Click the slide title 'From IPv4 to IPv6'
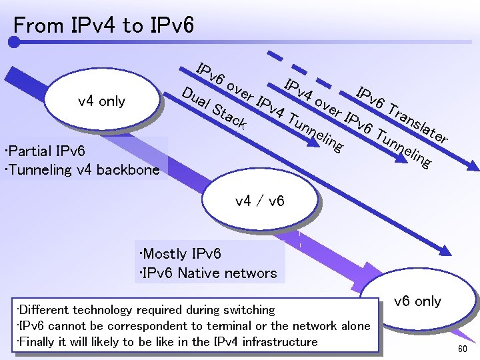point(104,25)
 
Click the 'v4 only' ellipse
point(101,101)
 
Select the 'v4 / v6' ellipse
point(260,200)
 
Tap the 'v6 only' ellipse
point(417,301)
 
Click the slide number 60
point(462,350)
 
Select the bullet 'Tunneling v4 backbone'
point(81,169)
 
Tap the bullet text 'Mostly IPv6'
point(181,254)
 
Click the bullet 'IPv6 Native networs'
point(208,273)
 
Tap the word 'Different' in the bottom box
point(41,309)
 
